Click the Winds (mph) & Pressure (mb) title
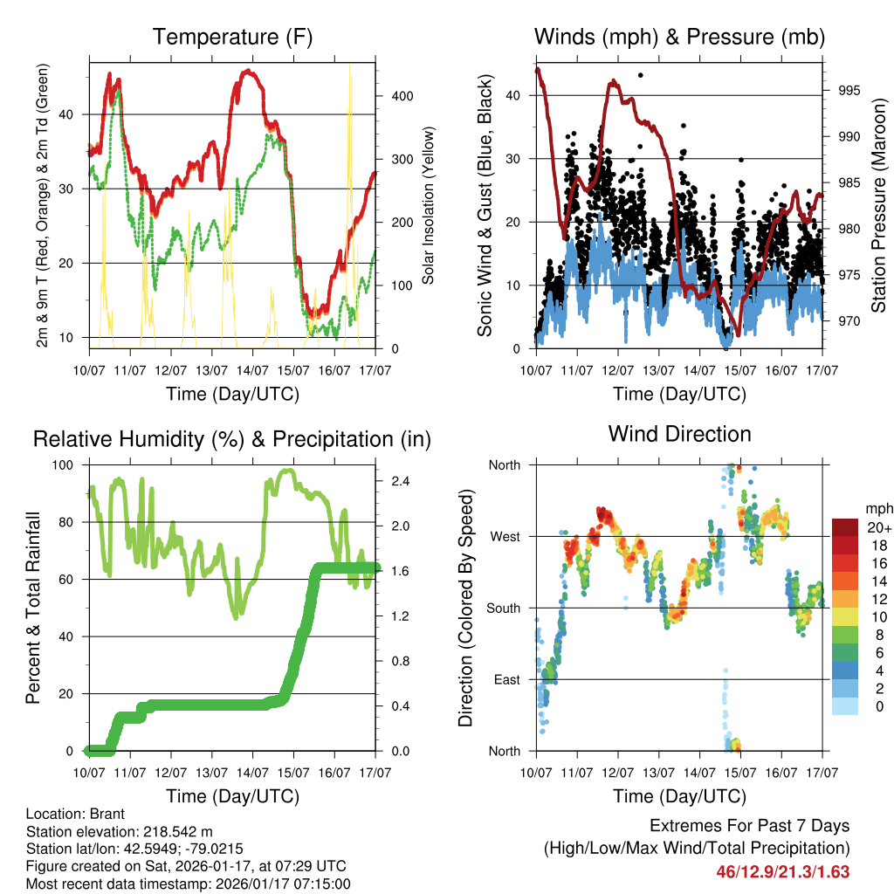click(x=679, y=38)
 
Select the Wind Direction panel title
click(x=679, y=434)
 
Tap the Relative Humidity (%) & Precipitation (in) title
click(x=231, y=439)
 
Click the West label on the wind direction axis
click(x=504, y=537)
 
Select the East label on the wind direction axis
click(x=505, y=680)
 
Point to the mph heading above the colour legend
click(x=877, y=508)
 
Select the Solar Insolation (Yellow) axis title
click(x=429, y=205)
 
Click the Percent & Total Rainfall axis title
click(x=32, y=608)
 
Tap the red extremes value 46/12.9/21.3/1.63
click(x=782, y=871)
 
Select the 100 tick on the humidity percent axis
click(x=65, y=465)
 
